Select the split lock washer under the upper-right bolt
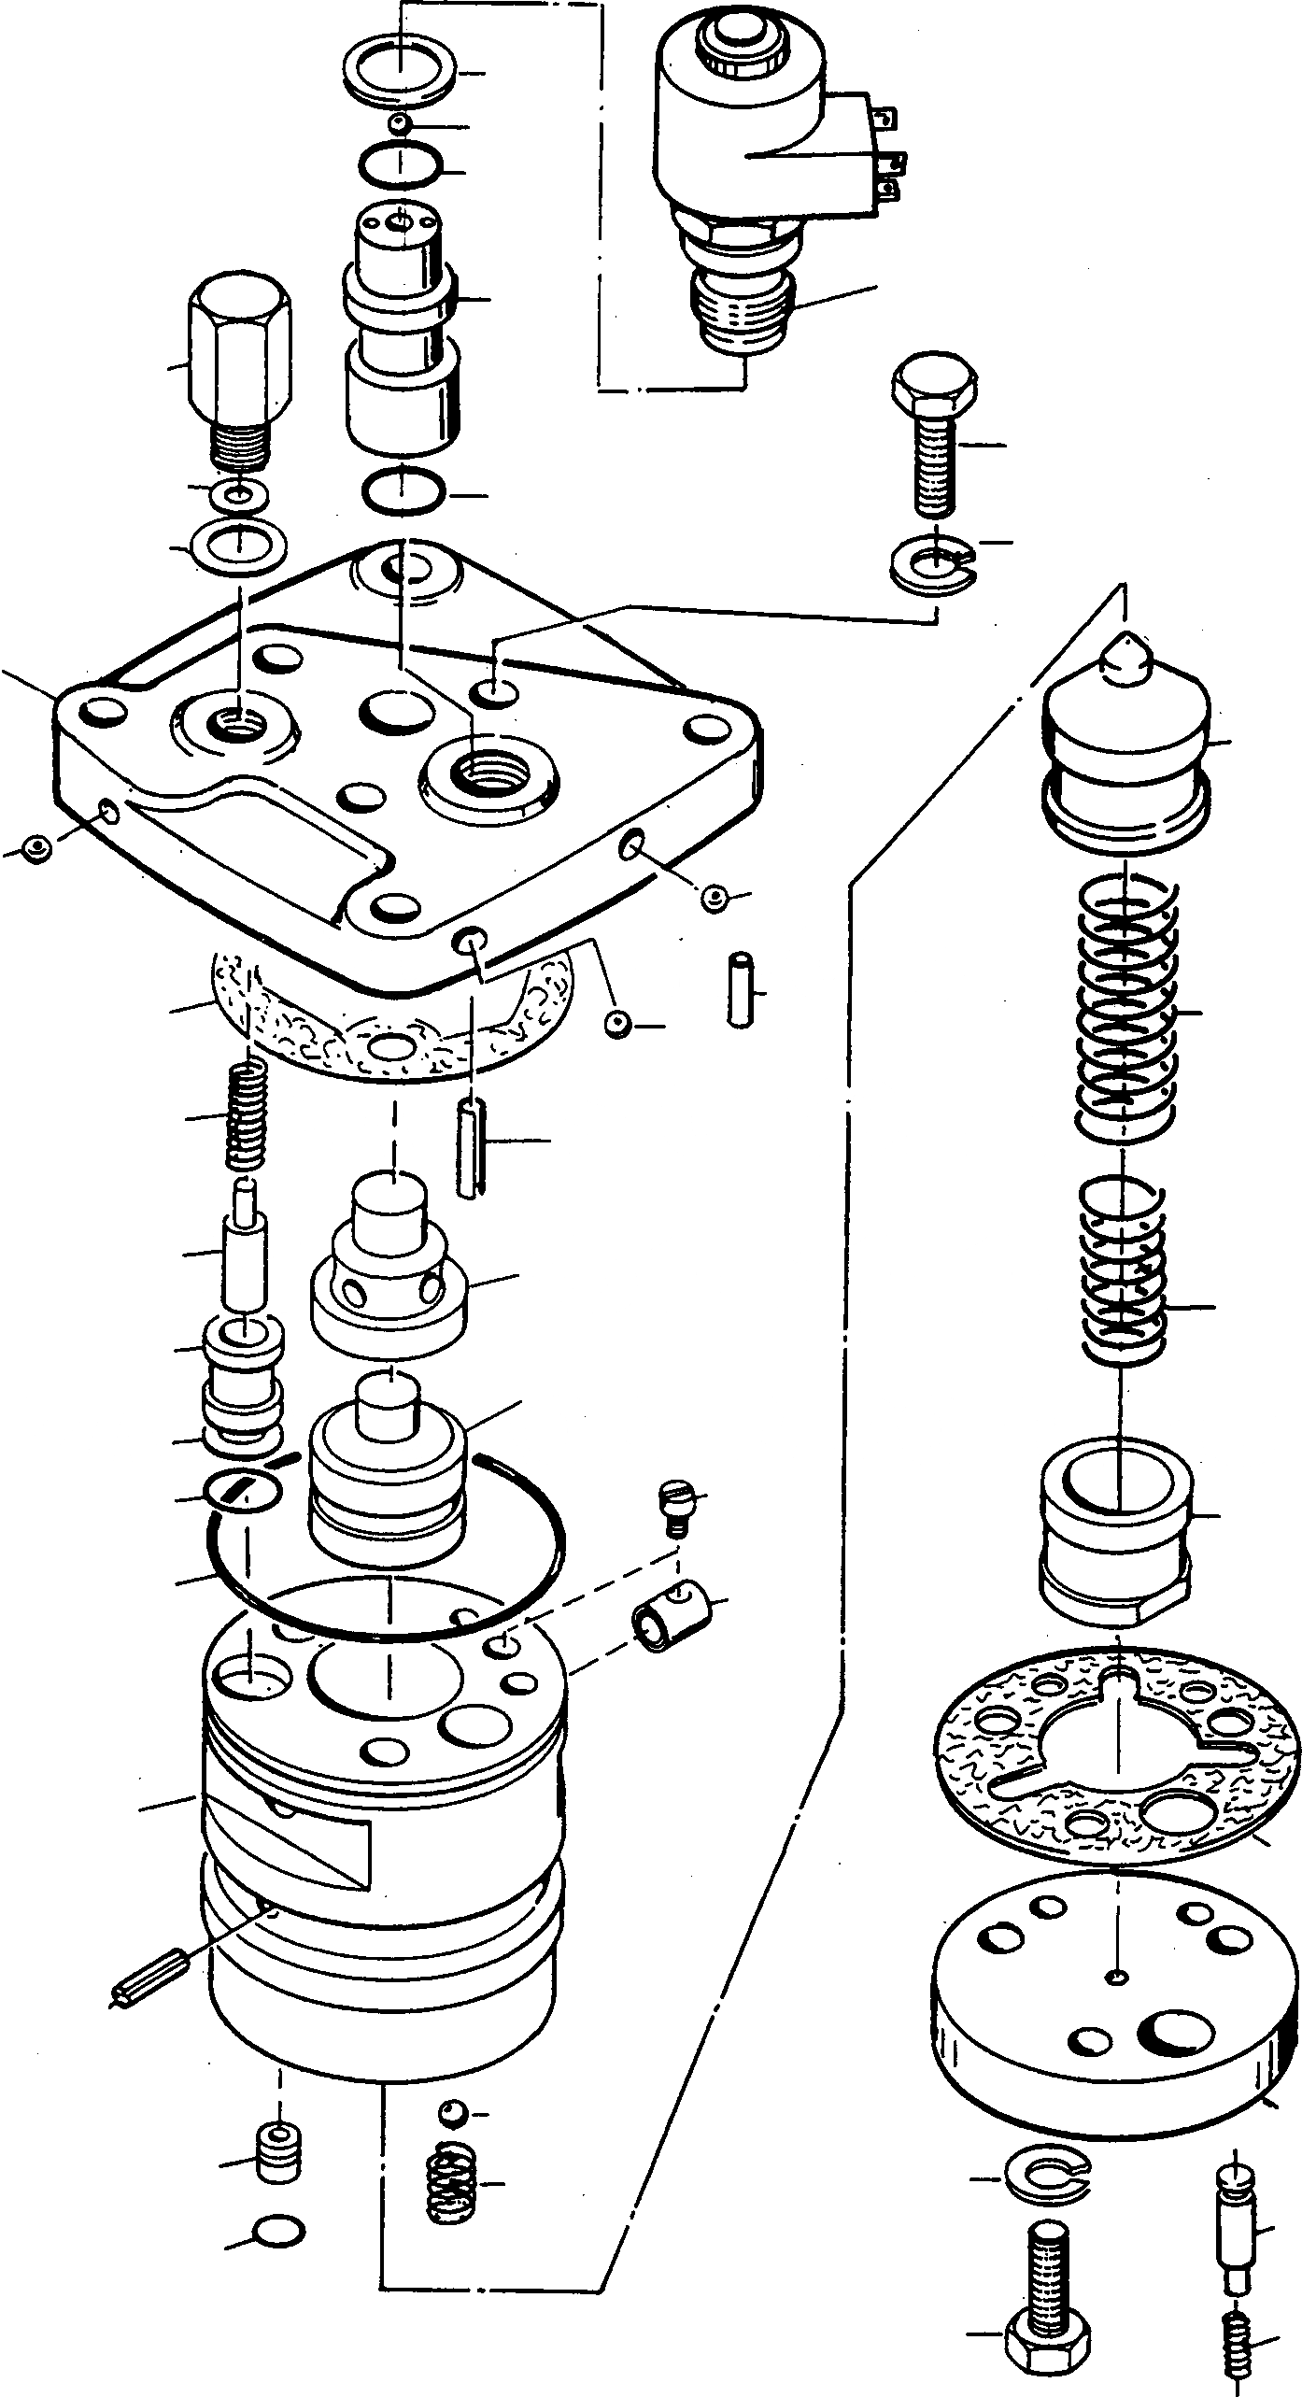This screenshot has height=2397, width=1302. pos(933,566)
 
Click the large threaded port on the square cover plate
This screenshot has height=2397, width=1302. pos(488,770)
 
